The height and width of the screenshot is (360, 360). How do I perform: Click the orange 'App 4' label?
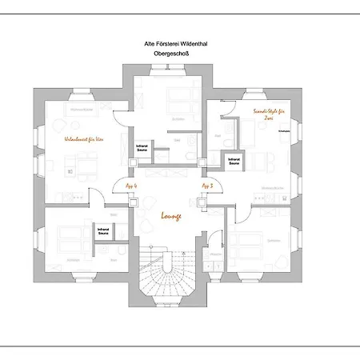click(x=131, y=185)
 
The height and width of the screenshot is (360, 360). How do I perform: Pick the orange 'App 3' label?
click(x=208, y=185)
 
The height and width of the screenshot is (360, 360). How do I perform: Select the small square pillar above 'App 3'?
click(x=205, y=168)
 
